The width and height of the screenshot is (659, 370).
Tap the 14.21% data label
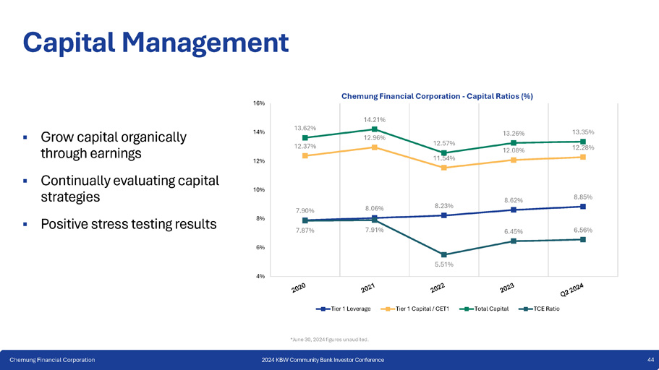click(x=374, y=119)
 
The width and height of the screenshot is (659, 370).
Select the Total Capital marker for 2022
click(x=443, y=153)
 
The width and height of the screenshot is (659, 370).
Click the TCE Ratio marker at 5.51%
click(x=443, y=254)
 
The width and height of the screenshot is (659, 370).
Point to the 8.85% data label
click(x=584, y=197)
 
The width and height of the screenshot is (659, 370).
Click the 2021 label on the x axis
click(x=367, y=289)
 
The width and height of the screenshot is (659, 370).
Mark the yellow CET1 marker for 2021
click(x=374, y=147)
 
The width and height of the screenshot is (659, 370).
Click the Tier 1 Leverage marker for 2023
click(x=513, y=210)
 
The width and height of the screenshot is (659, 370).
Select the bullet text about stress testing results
click(x=128, y=224)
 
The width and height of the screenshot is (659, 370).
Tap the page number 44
click(x=650, y=360)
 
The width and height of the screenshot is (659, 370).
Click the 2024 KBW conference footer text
click(x=323, y=360)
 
